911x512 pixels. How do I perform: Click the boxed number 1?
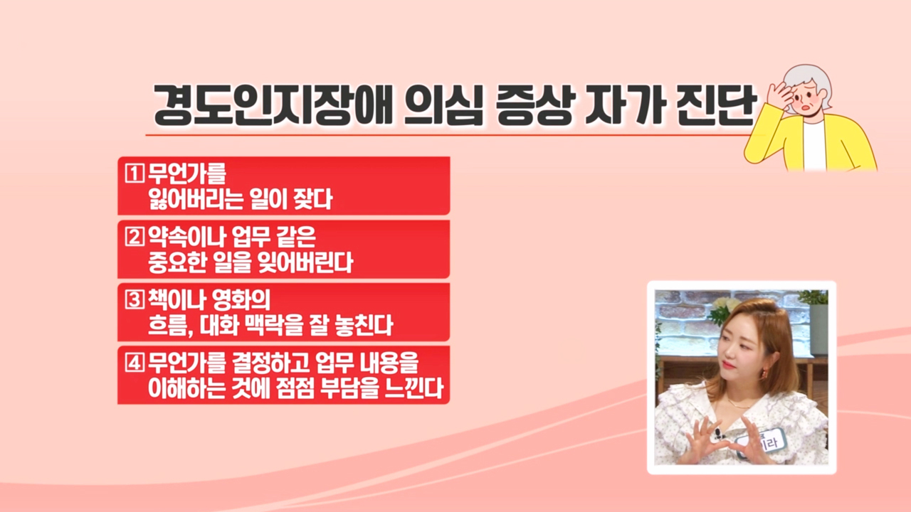coord(135,173)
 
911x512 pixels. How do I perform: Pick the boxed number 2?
coord(135,237)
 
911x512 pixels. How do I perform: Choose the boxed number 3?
coord(135,299)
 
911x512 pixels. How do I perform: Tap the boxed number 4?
coord(135,363)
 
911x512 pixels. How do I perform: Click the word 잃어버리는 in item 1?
coord(196,199)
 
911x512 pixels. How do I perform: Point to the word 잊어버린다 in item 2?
coord(305,262)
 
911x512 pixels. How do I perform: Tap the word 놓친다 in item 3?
coord(363,325)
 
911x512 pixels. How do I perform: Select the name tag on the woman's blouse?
coord(762,442)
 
